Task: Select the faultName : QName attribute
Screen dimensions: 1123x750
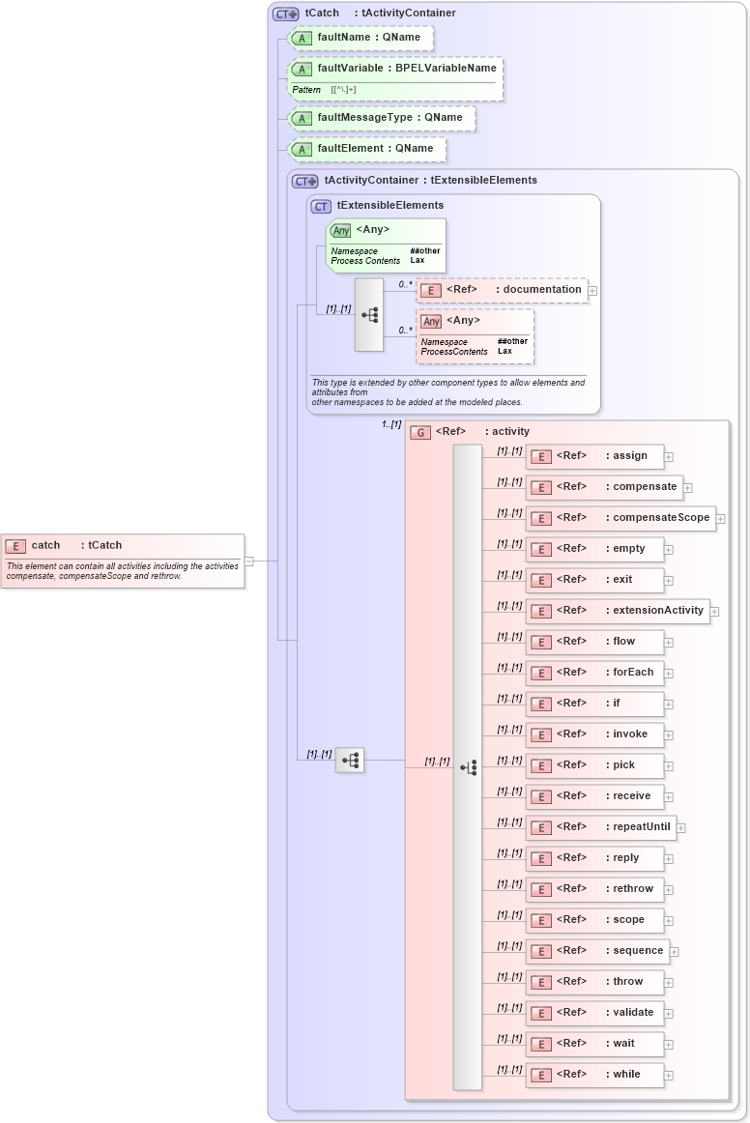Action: tap(361, 38)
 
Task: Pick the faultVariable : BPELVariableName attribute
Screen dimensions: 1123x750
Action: tap(396, 69)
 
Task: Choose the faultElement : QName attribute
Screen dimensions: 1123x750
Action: tap(368, 149)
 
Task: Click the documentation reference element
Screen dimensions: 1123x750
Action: tap(503, 290)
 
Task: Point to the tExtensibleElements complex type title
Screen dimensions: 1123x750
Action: tap(389, 206)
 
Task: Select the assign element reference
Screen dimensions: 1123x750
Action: tap(594, 456)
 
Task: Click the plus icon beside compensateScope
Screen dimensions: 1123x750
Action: tap(721, 519)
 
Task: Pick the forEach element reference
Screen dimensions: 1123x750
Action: tap(594, 673)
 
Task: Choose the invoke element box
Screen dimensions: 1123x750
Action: tap(594, 734)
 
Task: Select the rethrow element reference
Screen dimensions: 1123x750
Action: tap(594, 889)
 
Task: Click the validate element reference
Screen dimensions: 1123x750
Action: tap(594, 1013)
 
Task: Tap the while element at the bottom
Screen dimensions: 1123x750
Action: tap(594, 1075)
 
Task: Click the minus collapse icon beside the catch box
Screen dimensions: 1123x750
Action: tap(249, 561)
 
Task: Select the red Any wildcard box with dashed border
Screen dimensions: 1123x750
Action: tap(476, 335)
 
